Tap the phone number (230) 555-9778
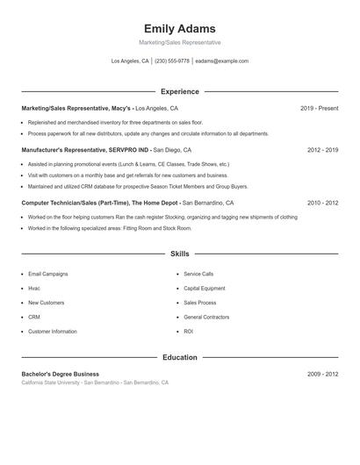click(171, 61)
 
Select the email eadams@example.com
click(222, 61)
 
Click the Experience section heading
click(179, 91)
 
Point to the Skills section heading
click(179, 254)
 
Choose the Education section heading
click(179, 357)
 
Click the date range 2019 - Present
click(319, 108)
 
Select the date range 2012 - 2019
click(322, 150)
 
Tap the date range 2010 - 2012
click(322, 202)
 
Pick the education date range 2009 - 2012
click(322, 374)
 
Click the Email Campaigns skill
click(47, 274)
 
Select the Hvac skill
click(34, 288)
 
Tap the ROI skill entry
click(189, 332)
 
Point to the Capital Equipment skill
click(205, 288)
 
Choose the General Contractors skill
click(206, 317)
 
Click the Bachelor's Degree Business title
click(61, 374)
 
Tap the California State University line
click(95, 383)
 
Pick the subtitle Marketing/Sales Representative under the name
click(179, 42)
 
